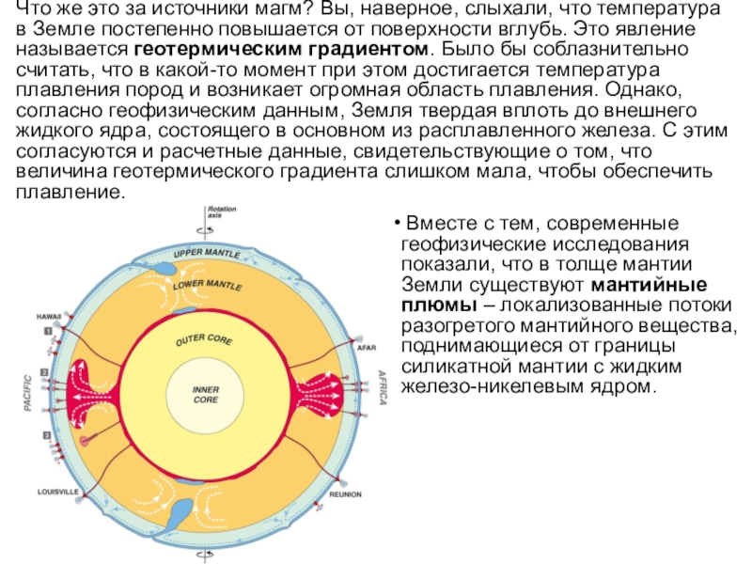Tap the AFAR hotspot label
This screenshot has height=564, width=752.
pyautogui.click(x=367, y=347)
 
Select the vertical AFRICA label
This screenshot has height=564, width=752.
pyautogui.click(x=383, y=386)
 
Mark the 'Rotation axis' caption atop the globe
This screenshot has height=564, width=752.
pyautogui.click(x=222, y=211)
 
